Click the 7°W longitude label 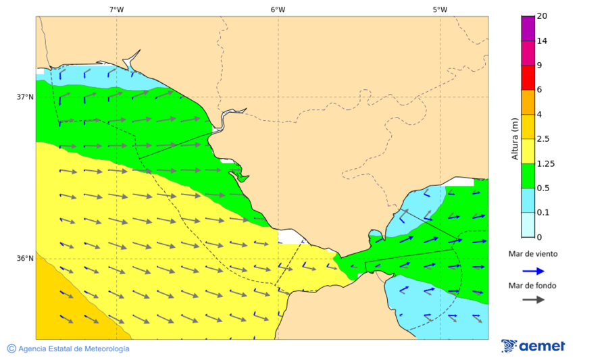pos(116,9)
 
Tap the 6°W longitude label pos(278,9)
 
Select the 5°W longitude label pos(440,9)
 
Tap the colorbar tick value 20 pos(542,16)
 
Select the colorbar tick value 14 pos(542,41)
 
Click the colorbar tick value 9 pos(539,66)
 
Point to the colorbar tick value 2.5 pos(542,139)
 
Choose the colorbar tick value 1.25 pos(544,163)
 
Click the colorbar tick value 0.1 pos(542,213)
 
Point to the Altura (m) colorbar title pos(515,139)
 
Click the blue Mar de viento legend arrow pos(533,271)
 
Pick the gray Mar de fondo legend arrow pos(533,299)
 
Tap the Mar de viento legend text pos(533,254)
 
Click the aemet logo pos(533,346)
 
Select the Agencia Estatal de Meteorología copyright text pos(68,349)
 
